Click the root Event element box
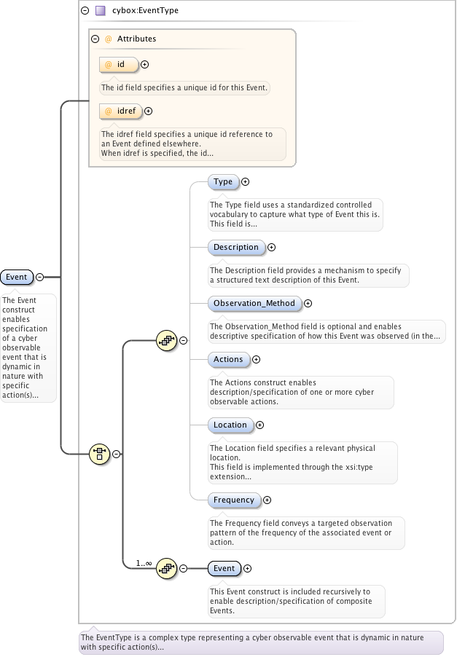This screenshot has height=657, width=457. tap(16, 277)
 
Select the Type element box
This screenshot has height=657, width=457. tap(223, 182)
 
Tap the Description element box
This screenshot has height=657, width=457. tap(236, 248)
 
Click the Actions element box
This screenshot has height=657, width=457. tap(228, 359)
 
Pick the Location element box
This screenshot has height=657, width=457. tap(230, 425)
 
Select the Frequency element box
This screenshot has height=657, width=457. tap(234, 500)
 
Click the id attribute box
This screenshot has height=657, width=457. tap(118, 65)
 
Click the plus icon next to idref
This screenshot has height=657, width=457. tap(149, 111)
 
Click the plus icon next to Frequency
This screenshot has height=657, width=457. tap(267, 500)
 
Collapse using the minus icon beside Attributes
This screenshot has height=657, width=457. tap(95, 39)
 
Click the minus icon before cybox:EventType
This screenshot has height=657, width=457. tap(85, 11)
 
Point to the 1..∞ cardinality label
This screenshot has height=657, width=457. tap(144, 563)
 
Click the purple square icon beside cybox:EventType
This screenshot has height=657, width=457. tap(100, 11)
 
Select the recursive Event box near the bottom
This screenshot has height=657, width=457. tap(224, 568)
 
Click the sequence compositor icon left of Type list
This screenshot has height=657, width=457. tap(167, 340)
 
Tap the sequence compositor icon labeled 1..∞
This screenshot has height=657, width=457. tap(167, 568)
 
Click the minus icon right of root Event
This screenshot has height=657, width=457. tap(39, 277)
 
